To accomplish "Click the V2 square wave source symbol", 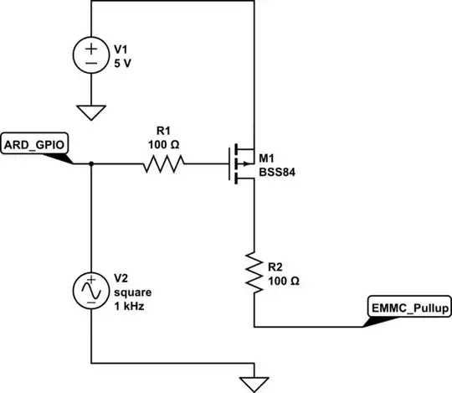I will pyautogui.click(x=90, y=291).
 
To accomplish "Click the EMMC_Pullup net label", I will pyautogui.click(x=409, y=308).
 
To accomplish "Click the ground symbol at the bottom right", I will pyautogui.click(x=253, y=380).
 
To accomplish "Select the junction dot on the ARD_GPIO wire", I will pyautogui.click(x=90, y=163).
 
